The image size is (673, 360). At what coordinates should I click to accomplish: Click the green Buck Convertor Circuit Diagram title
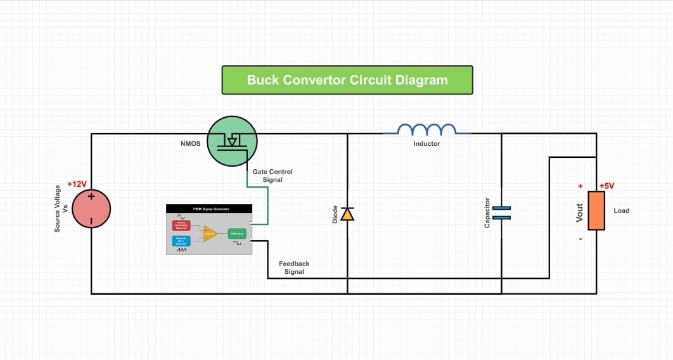point(347,80)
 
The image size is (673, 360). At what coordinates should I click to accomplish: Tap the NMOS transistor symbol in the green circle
point(233,141)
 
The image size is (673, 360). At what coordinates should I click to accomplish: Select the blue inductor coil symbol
point(427,130)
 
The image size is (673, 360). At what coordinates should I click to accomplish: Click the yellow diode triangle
point(347,214)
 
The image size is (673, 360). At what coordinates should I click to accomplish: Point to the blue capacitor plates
point(501,212)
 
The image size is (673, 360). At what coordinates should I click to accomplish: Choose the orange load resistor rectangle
point(596,210)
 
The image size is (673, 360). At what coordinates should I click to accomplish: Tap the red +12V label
point(77,184)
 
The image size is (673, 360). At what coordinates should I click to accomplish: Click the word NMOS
point(191,144)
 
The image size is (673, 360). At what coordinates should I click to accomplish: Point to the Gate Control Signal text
point(272,176)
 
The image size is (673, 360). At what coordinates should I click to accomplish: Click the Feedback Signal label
point(294,267)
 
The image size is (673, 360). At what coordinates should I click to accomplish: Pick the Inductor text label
point(426,144)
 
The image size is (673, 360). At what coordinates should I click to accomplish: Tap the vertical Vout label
point(579,212)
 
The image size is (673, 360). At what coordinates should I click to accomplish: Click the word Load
point(621,210)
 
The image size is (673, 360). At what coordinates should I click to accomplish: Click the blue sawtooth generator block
point(181,240)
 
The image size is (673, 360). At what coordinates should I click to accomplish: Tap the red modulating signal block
point(181,226)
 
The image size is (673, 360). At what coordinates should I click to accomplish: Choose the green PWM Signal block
point(237,233)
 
